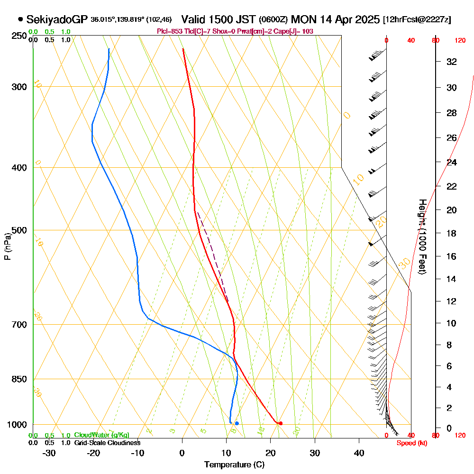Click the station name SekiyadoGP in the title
coord(57,19)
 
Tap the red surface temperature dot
coord(281,423)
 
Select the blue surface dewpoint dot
coord(237,423)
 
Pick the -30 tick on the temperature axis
coord(49,453)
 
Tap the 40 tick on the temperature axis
coord(359,453)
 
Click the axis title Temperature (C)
coord(234,465)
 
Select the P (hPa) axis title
coord(7,246)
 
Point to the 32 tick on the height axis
coord(452,62)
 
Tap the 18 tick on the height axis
coord(452,233)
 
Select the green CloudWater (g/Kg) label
coord(101,435)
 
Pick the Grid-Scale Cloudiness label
coord(107,443)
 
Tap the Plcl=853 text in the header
coord(168,31)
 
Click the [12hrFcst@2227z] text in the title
coord(417,20)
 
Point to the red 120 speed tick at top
coord(460,41)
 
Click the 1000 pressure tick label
coord(17,425)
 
